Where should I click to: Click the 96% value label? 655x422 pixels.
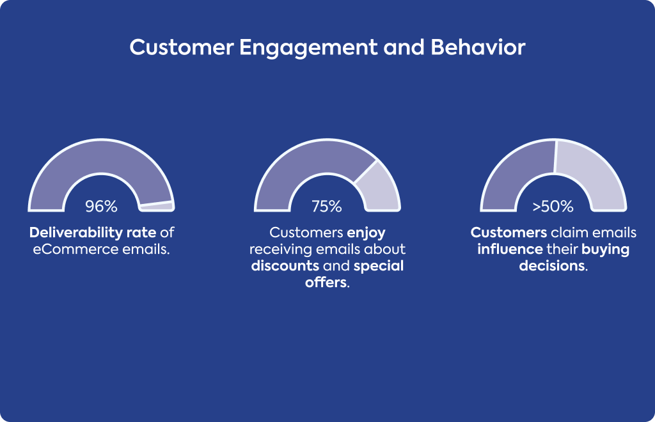(101, 206)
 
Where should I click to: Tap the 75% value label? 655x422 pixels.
(327, 206)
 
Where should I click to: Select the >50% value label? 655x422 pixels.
(553, 206)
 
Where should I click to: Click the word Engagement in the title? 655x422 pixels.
(308, 47)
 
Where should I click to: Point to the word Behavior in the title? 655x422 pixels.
(477, 47)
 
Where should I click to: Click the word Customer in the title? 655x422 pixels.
(181, 47)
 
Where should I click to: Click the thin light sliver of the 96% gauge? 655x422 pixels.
(157, 206)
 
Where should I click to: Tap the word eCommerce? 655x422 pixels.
(75, 249)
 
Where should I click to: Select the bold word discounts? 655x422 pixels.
(285, 266)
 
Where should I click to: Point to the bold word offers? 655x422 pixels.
(326, 283)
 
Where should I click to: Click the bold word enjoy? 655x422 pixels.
(366, 233)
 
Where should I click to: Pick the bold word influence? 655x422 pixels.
(510, 249)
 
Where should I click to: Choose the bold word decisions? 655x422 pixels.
(552, 266)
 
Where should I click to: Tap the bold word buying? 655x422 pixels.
(605, 249)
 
